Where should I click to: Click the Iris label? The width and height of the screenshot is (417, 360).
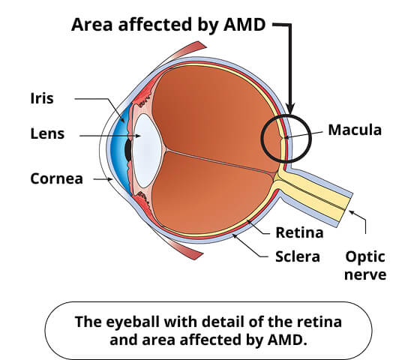click(42, 98)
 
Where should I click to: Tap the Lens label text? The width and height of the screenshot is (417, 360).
click(47, 133)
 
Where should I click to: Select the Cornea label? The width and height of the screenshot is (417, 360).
click(57, 178)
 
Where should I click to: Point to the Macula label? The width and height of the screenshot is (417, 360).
click(355, 130)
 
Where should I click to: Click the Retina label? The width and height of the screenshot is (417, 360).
click(299, 232)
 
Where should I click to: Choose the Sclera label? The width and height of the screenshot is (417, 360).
click(298, 256)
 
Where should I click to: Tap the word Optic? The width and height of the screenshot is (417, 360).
click(365, 257)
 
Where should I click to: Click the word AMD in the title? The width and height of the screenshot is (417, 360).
click(244, 25)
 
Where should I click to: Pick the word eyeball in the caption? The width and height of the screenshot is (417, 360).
click(133, 322)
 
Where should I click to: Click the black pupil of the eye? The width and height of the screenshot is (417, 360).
click(128, 150)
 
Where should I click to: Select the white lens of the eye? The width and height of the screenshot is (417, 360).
click(147, 151)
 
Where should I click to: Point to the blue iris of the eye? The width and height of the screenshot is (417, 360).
click(119, 149)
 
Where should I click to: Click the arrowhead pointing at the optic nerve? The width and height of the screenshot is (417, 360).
click(352, 212)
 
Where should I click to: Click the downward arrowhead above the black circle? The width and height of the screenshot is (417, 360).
click(290, 109)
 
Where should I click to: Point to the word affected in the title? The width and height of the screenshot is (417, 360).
click(154, 25)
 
